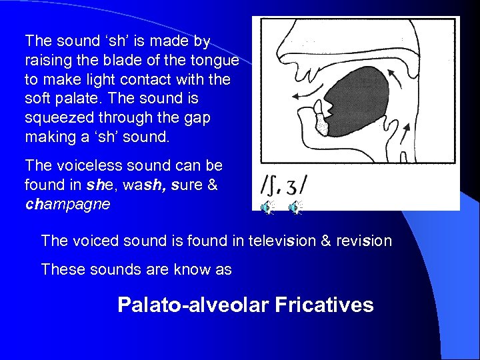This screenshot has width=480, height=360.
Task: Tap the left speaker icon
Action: coord(267,208)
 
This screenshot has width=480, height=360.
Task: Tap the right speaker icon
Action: coord(295,208)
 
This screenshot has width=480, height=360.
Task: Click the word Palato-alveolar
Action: coord(194,305)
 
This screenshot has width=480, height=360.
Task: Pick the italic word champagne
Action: coord(67,203)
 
